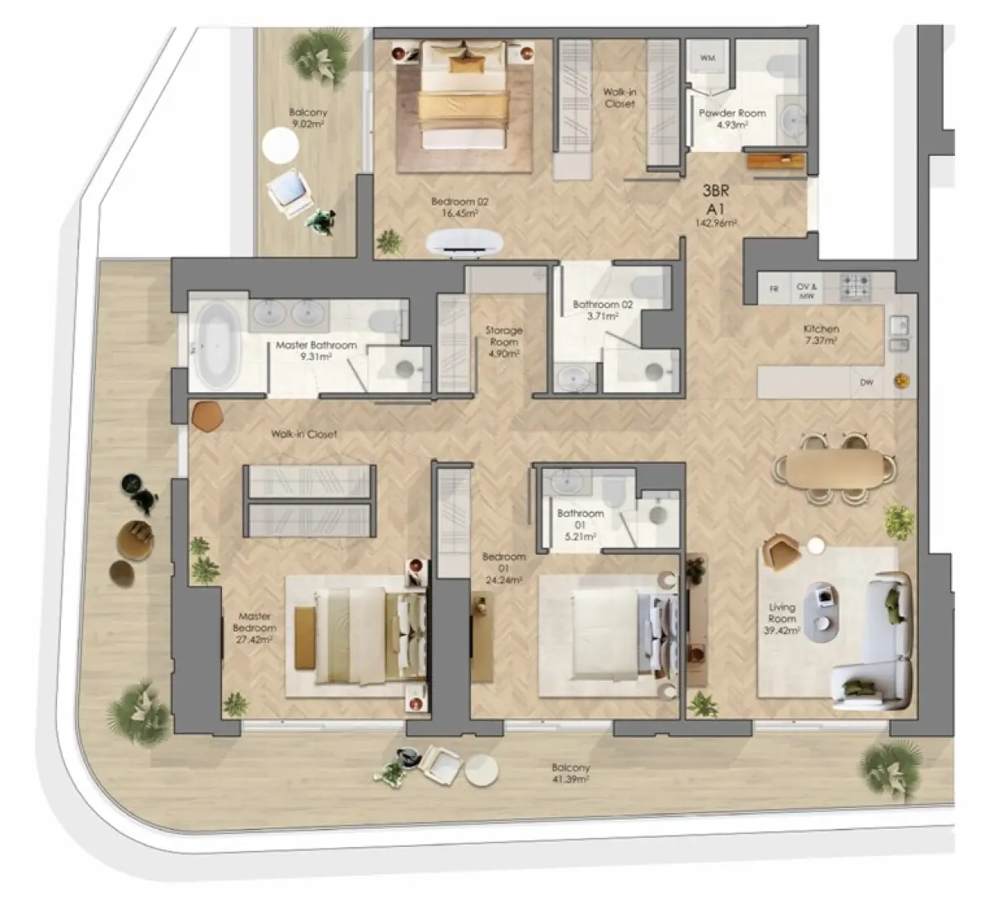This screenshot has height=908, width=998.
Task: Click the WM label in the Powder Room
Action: [708, 59]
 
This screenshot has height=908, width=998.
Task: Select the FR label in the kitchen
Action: [774, 289]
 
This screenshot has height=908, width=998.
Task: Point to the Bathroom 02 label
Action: [603, 305]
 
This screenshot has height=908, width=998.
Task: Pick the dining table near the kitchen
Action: [833, 469]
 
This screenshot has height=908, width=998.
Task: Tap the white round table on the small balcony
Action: [280, 146]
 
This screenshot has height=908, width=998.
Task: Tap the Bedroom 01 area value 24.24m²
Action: [504, 579]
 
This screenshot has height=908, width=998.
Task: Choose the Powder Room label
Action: [732, 113]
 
